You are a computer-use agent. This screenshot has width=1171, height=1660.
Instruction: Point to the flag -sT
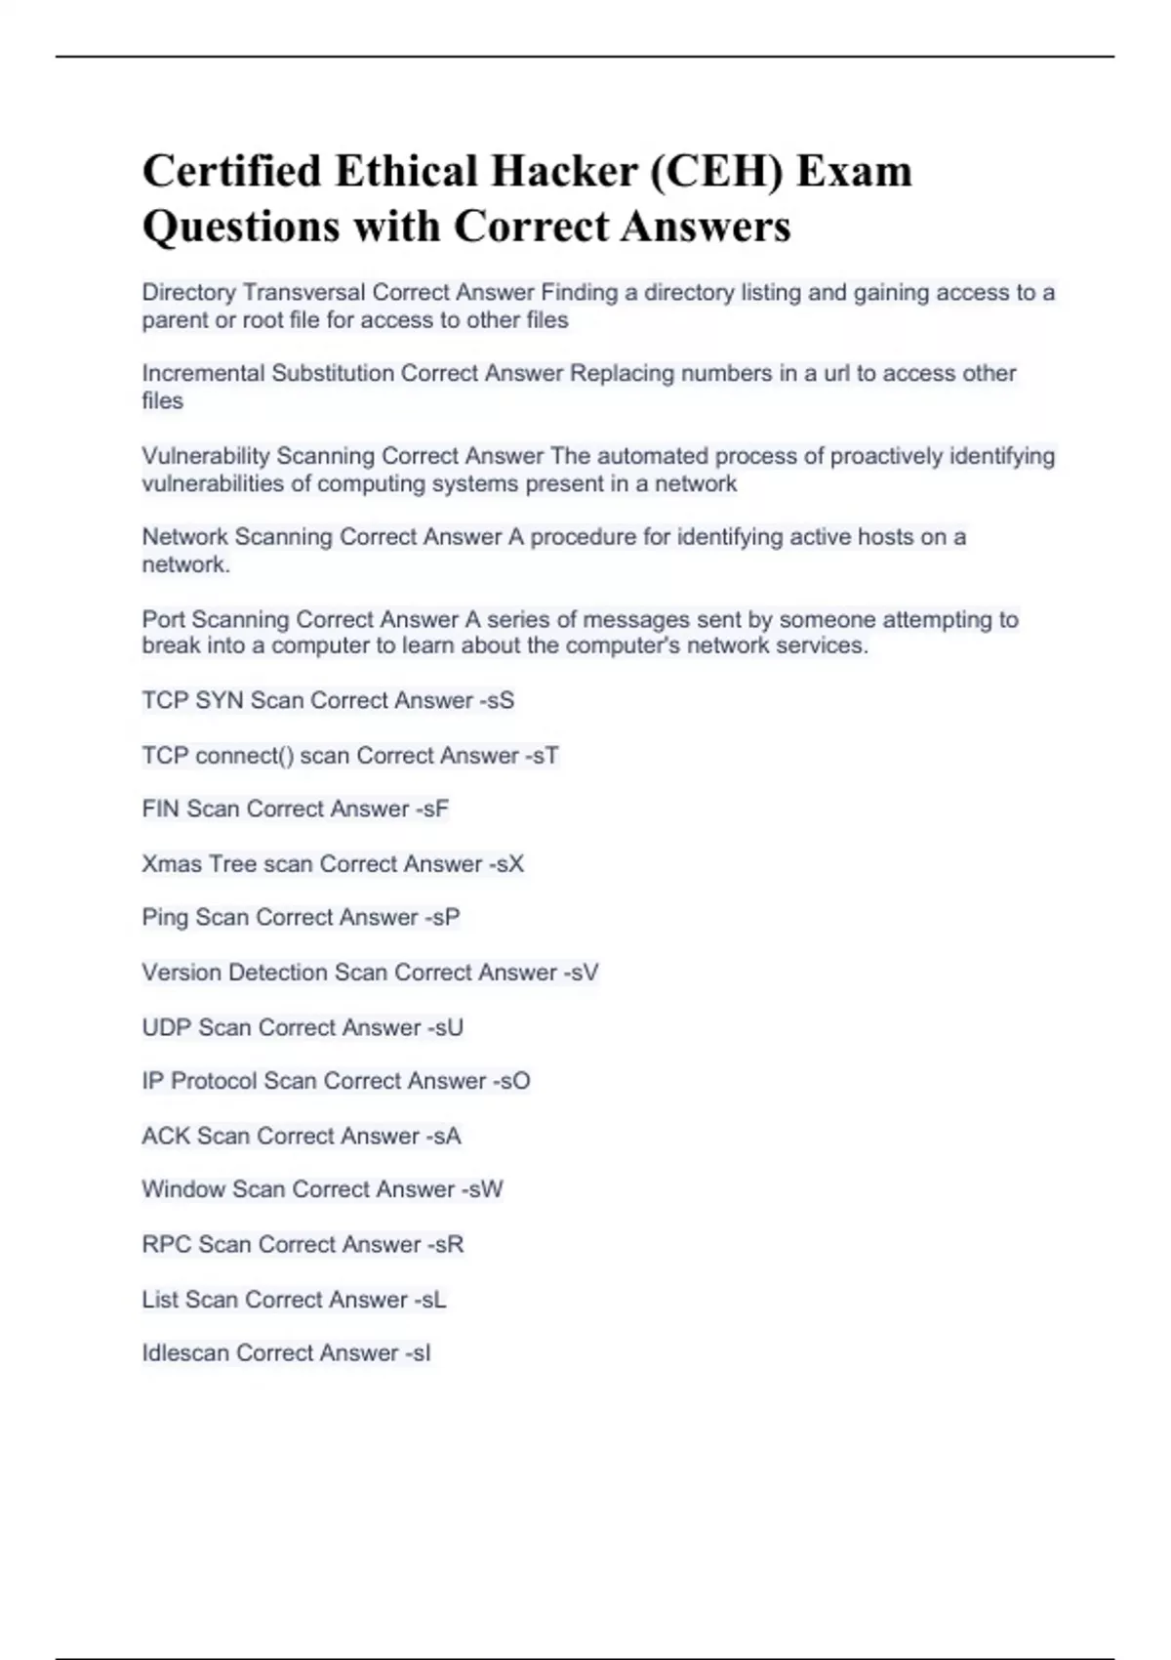(x=542, y=755)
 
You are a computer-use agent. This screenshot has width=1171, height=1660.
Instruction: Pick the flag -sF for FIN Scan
(x=432, y=809)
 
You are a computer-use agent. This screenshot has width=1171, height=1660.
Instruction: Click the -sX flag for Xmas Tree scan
(x=506, y=863)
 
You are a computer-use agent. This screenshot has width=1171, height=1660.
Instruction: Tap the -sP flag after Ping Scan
(x=442, y=917)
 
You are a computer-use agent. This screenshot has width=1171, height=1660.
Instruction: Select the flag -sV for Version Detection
(x=581, y=972)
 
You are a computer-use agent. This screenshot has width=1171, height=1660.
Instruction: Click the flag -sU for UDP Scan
(x=445, y=1027)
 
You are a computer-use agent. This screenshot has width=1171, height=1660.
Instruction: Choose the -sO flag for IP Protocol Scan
(x=511, y=1081)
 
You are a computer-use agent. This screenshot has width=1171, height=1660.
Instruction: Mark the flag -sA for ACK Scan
(x=443, y=1136)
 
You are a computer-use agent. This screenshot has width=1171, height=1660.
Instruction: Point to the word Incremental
(x=203, y=373)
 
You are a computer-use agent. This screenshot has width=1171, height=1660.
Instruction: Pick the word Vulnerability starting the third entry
(x=205, y=456)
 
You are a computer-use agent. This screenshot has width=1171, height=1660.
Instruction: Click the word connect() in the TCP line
(x=244, y=755)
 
